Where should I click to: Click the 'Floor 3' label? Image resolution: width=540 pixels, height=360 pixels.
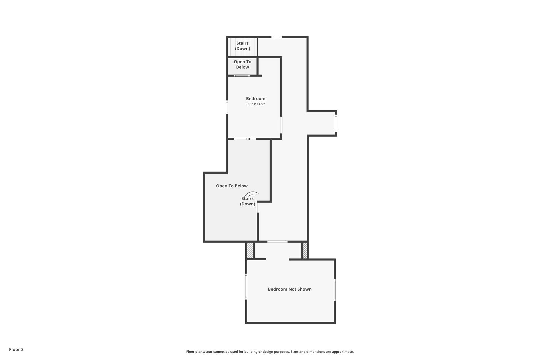pos(16,349)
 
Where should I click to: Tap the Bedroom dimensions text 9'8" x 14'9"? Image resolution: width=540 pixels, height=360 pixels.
pos(256,104)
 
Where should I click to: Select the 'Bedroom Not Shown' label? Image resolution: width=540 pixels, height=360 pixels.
pos(290,289)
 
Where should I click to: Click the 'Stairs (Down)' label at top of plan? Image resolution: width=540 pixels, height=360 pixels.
pos(242,46)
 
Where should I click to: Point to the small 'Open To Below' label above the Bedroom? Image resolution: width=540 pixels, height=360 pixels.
pos(242,64)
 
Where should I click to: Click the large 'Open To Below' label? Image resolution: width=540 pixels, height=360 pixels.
pos(232,186)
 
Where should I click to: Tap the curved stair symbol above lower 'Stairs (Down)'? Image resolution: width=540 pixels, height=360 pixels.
pos(251,194)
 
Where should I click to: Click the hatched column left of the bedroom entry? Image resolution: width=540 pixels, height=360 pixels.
pos(250,250)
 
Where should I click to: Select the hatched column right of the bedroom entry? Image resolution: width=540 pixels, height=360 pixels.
pos(305,250)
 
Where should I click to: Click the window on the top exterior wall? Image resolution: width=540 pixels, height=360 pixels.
pos(277,37)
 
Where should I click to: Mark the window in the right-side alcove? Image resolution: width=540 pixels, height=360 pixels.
pos(336,123)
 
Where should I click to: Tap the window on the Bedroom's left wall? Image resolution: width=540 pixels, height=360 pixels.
pos(227,107)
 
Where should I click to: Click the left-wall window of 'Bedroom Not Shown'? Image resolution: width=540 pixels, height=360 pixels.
pos(246,286)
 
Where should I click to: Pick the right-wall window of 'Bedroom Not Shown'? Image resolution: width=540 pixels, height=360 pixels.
pos(335,290)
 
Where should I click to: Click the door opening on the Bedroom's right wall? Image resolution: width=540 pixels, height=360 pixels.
pos(281,125)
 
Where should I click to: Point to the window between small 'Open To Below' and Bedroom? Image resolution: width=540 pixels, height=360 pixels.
pos(242,76)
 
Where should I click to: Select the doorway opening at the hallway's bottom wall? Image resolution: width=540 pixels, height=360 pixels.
pos(277,241)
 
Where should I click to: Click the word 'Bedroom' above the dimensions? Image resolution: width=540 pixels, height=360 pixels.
pos(256,99)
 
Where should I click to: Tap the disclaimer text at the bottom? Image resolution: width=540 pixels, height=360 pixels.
pos(270,352)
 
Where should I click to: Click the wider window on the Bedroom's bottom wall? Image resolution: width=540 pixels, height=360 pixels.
pos(241,139)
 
